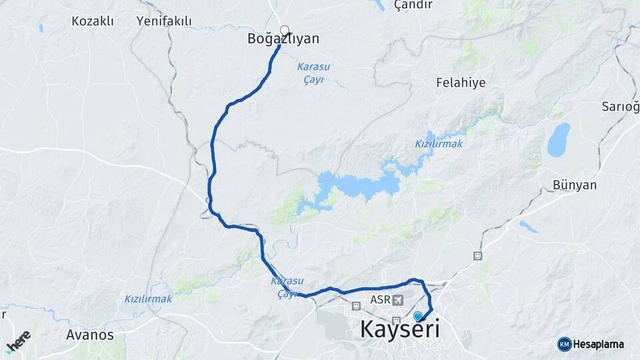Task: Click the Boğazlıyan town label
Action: pos(283,39)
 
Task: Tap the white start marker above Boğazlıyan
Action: pos(285,29)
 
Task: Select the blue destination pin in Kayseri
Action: pos(418,316)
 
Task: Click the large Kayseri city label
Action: pos(399,329)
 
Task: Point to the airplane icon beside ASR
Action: pos(399,300)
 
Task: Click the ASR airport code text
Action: pos(381,300)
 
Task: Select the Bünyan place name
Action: pos(574,185)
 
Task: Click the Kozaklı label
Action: pos(93,21)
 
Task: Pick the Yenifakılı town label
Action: pos(164,21)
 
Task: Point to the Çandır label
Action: pos(413,5)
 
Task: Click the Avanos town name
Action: pos(90,335)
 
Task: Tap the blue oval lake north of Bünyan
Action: pos(558,139)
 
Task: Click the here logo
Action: pos(18,341)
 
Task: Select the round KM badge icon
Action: pos(564,344)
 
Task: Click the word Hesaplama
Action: pos(599,344)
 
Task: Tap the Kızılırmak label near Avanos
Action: pos(148,299)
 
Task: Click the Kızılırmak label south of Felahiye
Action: pos(439,143)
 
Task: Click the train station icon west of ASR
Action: pos(356,306)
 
